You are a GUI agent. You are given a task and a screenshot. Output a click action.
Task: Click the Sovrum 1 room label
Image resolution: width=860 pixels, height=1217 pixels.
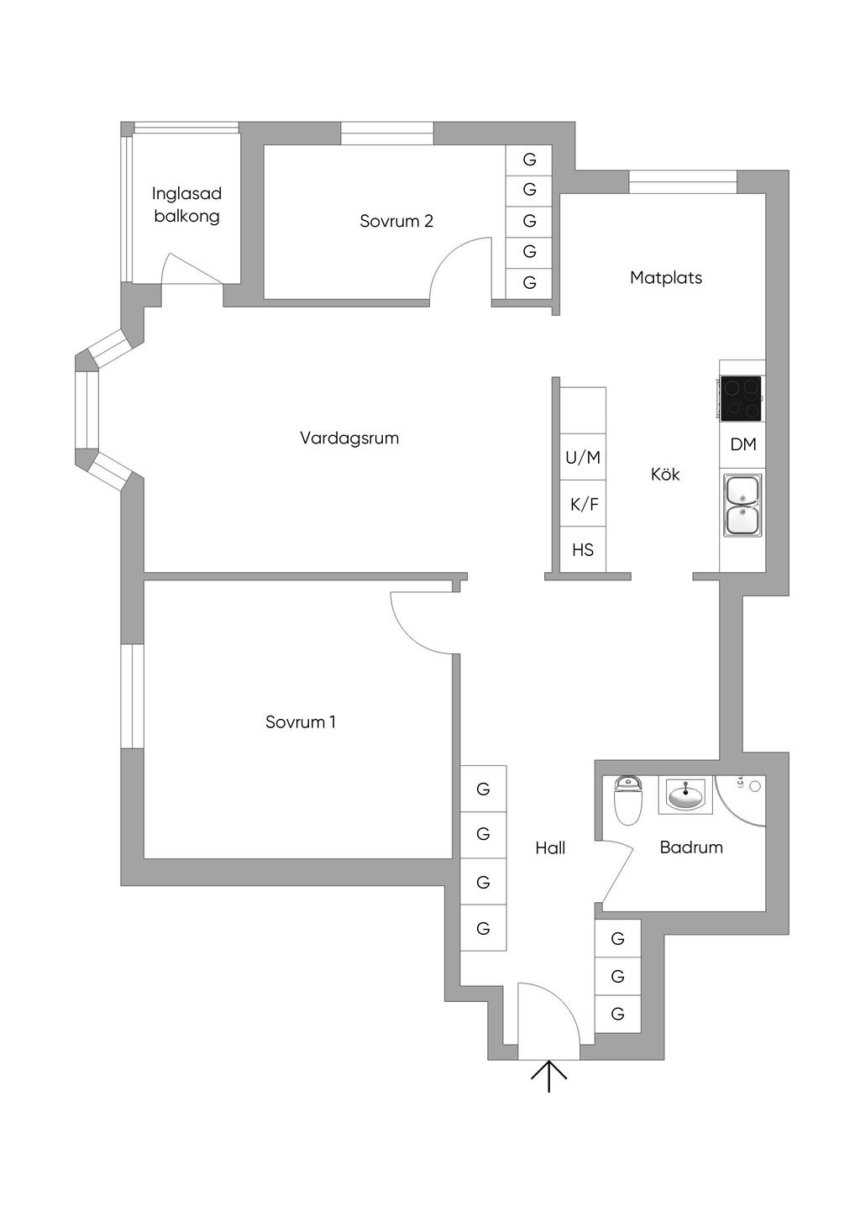(301, 722)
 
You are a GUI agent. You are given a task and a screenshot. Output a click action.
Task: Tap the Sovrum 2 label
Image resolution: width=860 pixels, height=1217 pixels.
(396, 221)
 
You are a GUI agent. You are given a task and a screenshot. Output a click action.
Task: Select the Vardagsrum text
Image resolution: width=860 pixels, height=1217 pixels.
(349, 438)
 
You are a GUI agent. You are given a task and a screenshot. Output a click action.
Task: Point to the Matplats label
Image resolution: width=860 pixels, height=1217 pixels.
(666, 278)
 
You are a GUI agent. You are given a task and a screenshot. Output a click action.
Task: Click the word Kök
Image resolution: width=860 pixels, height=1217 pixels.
(665, 475)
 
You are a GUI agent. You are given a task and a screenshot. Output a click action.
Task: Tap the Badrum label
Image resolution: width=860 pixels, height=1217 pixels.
(691, 847)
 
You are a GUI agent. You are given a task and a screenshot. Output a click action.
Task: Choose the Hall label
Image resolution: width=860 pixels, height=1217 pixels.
(550, 847)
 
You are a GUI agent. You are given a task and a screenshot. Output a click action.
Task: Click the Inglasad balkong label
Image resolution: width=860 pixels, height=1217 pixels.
(187, 205)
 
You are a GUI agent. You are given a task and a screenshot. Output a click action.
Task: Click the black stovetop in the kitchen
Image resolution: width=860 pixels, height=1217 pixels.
(741, 398)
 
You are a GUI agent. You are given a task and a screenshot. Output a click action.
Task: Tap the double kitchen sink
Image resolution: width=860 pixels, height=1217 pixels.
(742, 505)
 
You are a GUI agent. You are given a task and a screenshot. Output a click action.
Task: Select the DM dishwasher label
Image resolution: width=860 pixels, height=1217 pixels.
(743, 444)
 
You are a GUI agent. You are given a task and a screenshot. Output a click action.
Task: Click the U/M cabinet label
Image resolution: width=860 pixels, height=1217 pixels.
(583, 458)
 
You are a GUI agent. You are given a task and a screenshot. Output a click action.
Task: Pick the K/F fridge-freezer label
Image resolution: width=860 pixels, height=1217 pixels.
(584, 504)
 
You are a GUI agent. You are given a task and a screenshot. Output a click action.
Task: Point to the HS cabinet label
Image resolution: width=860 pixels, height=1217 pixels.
(583, 550)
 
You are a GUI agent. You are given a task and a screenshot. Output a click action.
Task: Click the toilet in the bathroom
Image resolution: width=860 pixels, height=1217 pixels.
(628, 800)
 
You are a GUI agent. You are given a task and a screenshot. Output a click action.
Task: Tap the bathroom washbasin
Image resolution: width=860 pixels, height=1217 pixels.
(685, 795)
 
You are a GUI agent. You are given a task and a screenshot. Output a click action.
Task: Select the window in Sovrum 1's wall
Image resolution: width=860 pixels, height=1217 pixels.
(132, 696)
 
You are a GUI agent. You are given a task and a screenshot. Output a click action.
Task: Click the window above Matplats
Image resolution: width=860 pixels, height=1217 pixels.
(683, 182)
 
